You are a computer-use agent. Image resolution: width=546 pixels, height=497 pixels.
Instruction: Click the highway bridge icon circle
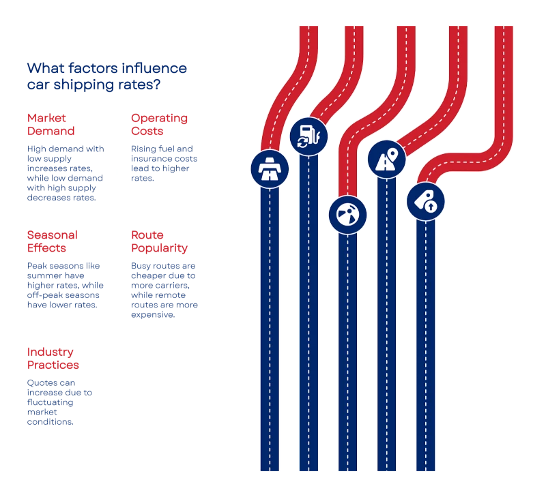tap(270, 169)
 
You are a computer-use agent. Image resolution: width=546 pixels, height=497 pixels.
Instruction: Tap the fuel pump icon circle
tap(308, 136)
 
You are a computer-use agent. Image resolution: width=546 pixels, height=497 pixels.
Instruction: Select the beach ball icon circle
tap(347, 215)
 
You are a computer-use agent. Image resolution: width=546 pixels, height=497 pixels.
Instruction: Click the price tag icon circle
tap(426, 202)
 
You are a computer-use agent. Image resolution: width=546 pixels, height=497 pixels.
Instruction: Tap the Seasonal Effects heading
tap(53, 241)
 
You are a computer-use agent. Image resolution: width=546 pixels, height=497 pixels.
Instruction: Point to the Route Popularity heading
tap(160, 241)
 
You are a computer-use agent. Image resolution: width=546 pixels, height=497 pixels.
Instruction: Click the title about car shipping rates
tap(108, 76)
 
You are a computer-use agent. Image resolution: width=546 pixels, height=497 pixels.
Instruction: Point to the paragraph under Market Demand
tap(62, 172)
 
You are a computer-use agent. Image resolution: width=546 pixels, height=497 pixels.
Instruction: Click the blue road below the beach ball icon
tap(347, 355)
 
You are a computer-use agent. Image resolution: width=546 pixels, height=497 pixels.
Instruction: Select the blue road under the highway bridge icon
tap(270, 327)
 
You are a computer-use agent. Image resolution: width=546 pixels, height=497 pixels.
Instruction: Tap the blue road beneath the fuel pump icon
tap(308, 314)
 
